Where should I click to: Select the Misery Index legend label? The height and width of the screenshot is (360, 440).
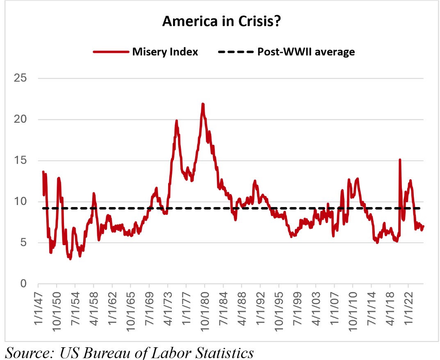point(165,52)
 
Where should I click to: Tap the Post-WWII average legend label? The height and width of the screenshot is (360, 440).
point(306,52)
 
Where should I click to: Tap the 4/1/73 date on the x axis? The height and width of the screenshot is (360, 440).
point(168,308)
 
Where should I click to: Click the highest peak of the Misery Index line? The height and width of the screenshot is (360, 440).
point(203,104)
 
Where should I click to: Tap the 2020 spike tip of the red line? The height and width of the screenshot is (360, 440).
point(400,159)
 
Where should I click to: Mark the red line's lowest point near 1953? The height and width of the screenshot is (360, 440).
point(71,259)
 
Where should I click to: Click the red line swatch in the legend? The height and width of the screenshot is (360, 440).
point(110,52)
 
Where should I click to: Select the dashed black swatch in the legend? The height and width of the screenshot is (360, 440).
point(235,52)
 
